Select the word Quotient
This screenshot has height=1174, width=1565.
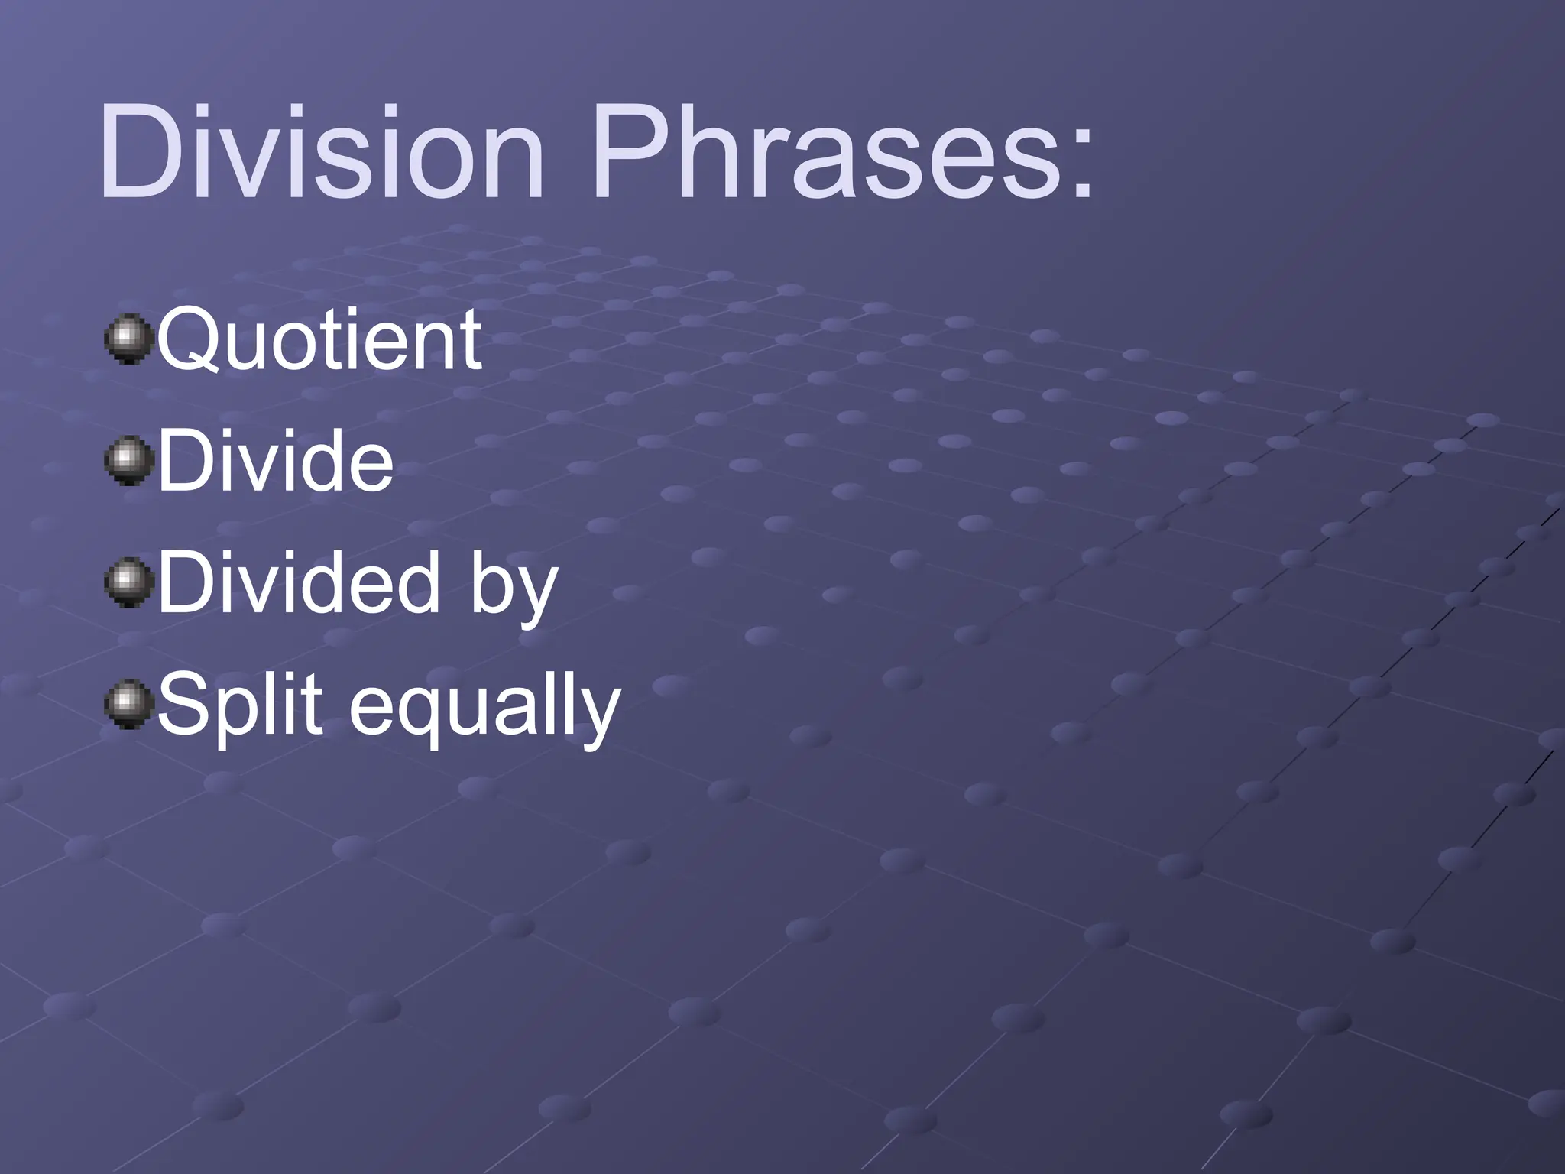(319, 339)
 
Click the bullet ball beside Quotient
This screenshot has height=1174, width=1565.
(125, 339)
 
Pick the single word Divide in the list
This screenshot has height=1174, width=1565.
(275, 461)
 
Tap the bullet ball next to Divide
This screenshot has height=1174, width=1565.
(125, 461)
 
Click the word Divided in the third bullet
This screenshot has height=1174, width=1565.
(298, 583)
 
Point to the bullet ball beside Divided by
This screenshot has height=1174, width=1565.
(125, 583)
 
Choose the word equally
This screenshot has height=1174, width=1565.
(484, 711)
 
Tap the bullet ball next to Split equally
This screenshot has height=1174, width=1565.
(125, 705)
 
